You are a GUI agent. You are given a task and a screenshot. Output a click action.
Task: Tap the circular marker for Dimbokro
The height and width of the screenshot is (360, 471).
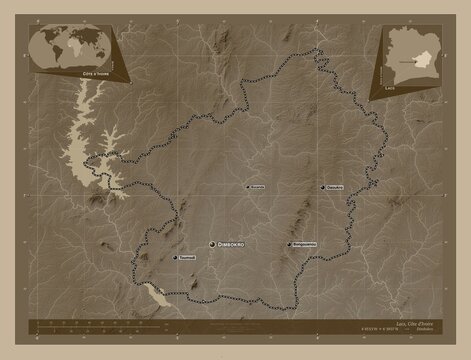point(212,244)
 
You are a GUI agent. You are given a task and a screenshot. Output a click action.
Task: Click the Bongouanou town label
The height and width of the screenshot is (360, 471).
point(306,244)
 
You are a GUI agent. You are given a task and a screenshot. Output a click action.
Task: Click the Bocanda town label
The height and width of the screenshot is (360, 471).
point(257,187)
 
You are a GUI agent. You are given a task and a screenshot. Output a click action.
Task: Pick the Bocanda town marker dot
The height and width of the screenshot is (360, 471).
point(245,187)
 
